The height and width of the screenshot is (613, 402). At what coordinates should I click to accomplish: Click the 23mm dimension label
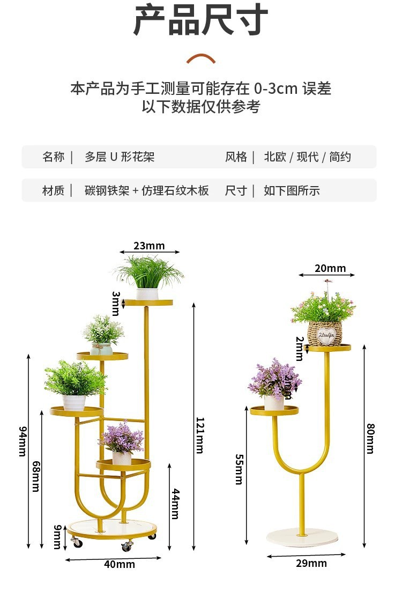tap(149, 246)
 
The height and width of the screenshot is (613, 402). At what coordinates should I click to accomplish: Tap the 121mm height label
tap(199, 435)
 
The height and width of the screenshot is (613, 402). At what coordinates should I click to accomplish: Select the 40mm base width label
tap(120, 564)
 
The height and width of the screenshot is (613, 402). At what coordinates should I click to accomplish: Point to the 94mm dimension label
tap(23, 441)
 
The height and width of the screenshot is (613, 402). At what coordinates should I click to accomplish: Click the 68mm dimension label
tap(36, 476)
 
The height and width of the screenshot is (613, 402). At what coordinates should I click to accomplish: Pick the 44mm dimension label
tap(176, 504)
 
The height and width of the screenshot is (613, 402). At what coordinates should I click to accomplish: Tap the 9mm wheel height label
tap(57, 537)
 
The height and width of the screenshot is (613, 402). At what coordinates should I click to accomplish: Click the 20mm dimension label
tap(330, 268)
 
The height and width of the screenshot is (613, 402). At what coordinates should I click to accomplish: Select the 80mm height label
tap(370, 439)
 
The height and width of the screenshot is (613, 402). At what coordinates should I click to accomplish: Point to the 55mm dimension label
tap(239, 469)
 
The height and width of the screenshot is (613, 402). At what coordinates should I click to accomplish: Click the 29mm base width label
tap(311, 563)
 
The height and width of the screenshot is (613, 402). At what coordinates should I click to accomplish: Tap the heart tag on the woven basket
tap(326, 335)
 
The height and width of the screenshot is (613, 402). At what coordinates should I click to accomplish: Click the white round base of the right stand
tap(302, 537)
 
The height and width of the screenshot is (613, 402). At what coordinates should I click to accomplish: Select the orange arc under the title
tap(201, 58)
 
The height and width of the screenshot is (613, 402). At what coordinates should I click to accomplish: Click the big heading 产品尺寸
tap(201, 20)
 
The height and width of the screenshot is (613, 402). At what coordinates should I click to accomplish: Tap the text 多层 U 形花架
tap(120, 157)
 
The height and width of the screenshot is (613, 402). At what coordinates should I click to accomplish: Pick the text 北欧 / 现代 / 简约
tap(308, 157)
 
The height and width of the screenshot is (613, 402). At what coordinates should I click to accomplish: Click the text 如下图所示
tap(292, 191)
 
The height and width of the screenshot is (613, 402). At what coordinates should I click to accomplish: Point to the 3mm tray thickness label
tap(116, 304)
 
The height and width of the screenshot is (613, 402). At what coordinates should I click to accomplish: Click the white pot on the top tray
tap(147, 294)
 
